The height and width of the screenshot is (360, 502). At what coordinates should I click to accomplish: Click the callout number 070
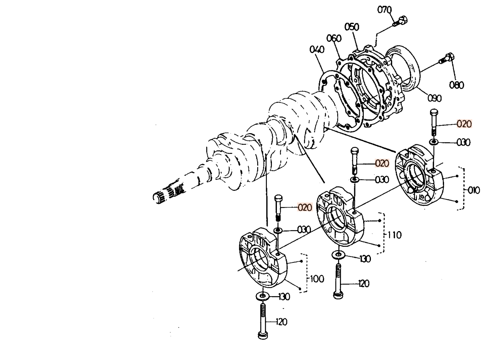pyautogui.click(x=384, y=10)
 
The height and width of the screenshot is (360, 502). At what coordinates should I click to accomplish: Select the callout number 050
pyautogui.click(x=352, y=27)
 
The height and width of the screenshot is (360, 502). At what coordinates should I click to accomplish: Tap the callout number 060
pyautogui.click(x=334, y=38)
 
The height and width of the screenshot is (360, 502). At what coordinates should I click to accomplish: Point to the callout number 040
pyautogui.click(x=316, y=50)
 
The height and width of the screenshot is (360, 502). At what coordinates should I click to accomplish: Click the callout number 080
pyautogui.click(x=456, y=85)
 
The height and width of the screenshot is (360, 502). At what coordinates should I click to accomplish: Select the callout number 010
pyautogui.click(x=473, y=190)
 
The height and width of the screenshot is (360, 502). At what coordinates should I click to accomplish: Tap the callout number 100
pyautogui.click(x=317, y=279)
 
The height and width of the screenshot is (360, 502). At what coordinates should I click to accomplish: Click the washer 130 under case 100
pyautogui.click(x=262, y=297)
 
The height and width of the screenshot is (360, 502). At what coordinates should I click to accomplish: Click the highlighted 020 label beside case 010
pyautogui.click(x=464, y=124)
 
